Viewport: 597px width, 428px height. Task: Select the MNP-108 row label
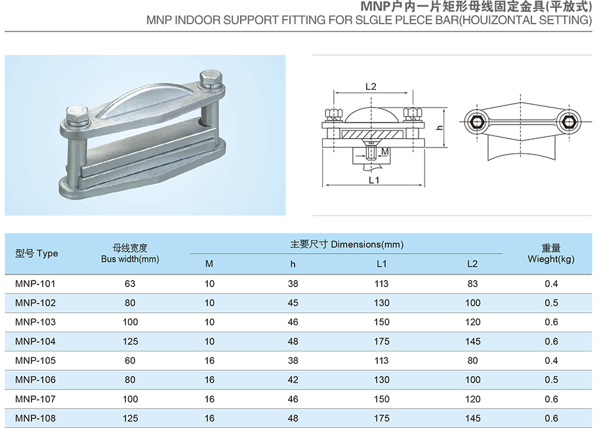pos(35,418)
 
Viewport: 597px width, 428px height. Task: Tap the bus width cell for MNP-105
pos(130,360)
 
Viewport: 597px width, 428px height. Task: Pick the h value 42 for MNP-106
pos(293,379)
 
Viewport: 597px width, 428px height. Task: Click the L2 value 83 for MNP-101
pos(472,284)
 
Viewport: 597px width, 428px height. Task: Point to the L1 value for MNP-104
pos(382,341)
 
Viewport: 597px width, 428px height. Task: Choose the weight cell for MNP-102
pos(551,303)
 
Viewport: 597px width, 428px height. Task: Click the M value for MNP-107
pos(209,399)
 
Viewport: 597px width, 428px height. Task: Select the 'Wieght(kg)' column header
pos(551,259)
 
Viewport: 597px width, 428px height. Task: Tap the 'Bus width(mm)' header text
pos(130,260)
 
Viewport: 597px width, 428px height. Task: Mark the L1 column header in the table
pos(382,264)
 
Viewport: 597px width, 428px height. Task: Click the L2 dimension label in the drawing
pos(370,87)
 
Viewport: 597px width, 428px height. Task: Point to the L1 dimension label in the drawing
pos(374,180)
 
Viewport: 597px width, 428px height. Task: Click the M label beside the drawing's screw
pos(385,151)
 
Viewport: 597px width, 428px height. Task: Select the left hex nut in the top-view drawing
pos(475,121)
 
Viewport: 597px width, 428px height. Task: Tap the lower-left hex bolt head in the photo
pos(77,118)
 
